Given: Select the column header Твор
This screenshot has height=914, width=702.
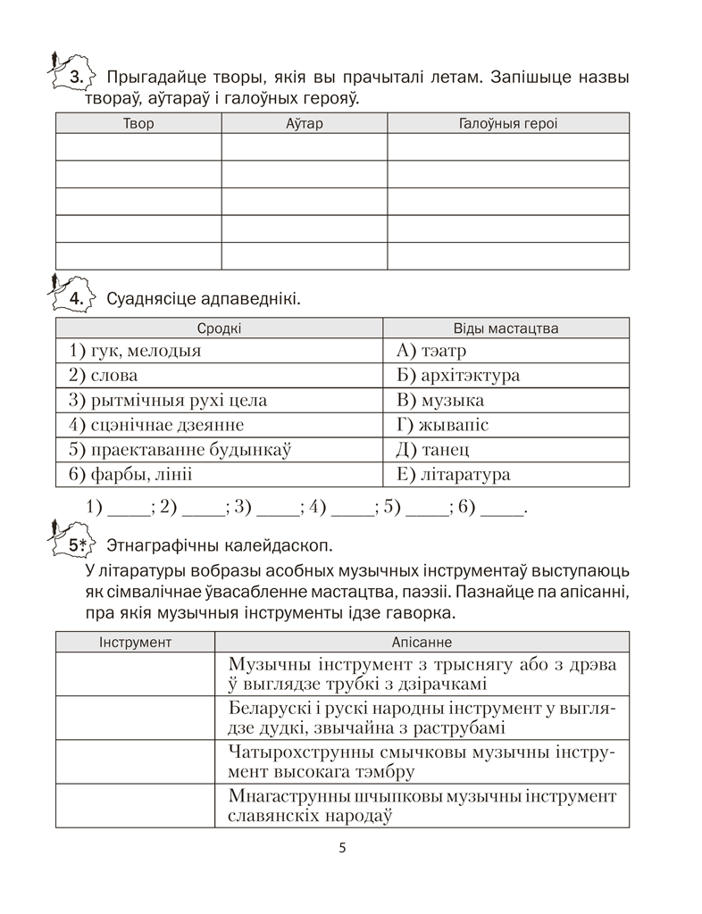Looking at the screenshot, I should click(x=138, y=123).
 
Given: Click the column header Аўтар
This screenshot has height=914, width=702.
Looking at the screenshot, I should click(x=304, y=123).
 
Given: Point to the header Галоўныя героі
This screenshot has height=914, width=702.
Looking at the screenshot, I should click(x=507, y=123).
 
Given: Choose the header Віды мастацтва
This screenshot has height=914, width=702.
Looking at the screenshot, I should click(x=506, y=328).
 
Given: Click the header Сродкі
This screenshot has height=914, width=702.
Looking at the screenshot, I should click(x=219, y=328).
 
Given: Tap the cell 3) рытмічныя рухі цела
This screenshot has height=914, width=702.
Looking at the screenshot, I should click(x=168, y=401).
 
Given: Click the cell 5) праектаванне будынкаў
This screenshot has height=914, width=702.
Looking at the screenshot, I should click(x=180, y=450).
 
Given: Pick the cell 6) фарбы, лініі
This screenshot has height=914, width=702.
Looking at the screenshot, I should click(x=130, y=475).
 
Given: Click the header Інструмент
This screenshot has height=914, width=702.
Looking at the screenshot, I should click(x=135, y=642).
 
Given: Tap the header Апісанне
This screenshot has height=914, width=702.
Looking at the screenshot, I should click(x=422, y=642).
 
